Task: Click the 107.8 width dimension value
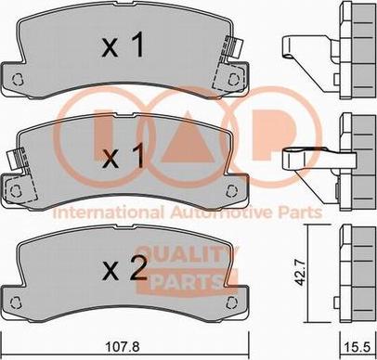pyautogui.click(x=123, y=347)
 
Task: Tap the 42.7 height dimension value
pyautogui.click(x=299, y=273)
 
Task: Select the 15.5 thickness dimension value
pyautogui.click(x=358, y=347)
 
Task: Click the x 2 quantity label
pyautogui.click(x=124, y=268)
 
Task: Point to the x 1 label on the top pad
pyautogui.click(x=123, y=45)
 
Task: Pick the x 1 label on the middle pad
pyautogui.click(x=123, y=157)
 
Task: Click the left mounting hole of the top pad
pyautogui.click(x=18, y=80)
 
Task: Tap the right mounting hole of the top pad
pyautogui.click(x=233, y=79)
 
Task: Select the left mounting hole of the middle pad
pyautogui.click(x=16, y=190)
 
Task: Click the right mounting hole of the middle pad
pyautogui.click(x=231, y=190)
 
